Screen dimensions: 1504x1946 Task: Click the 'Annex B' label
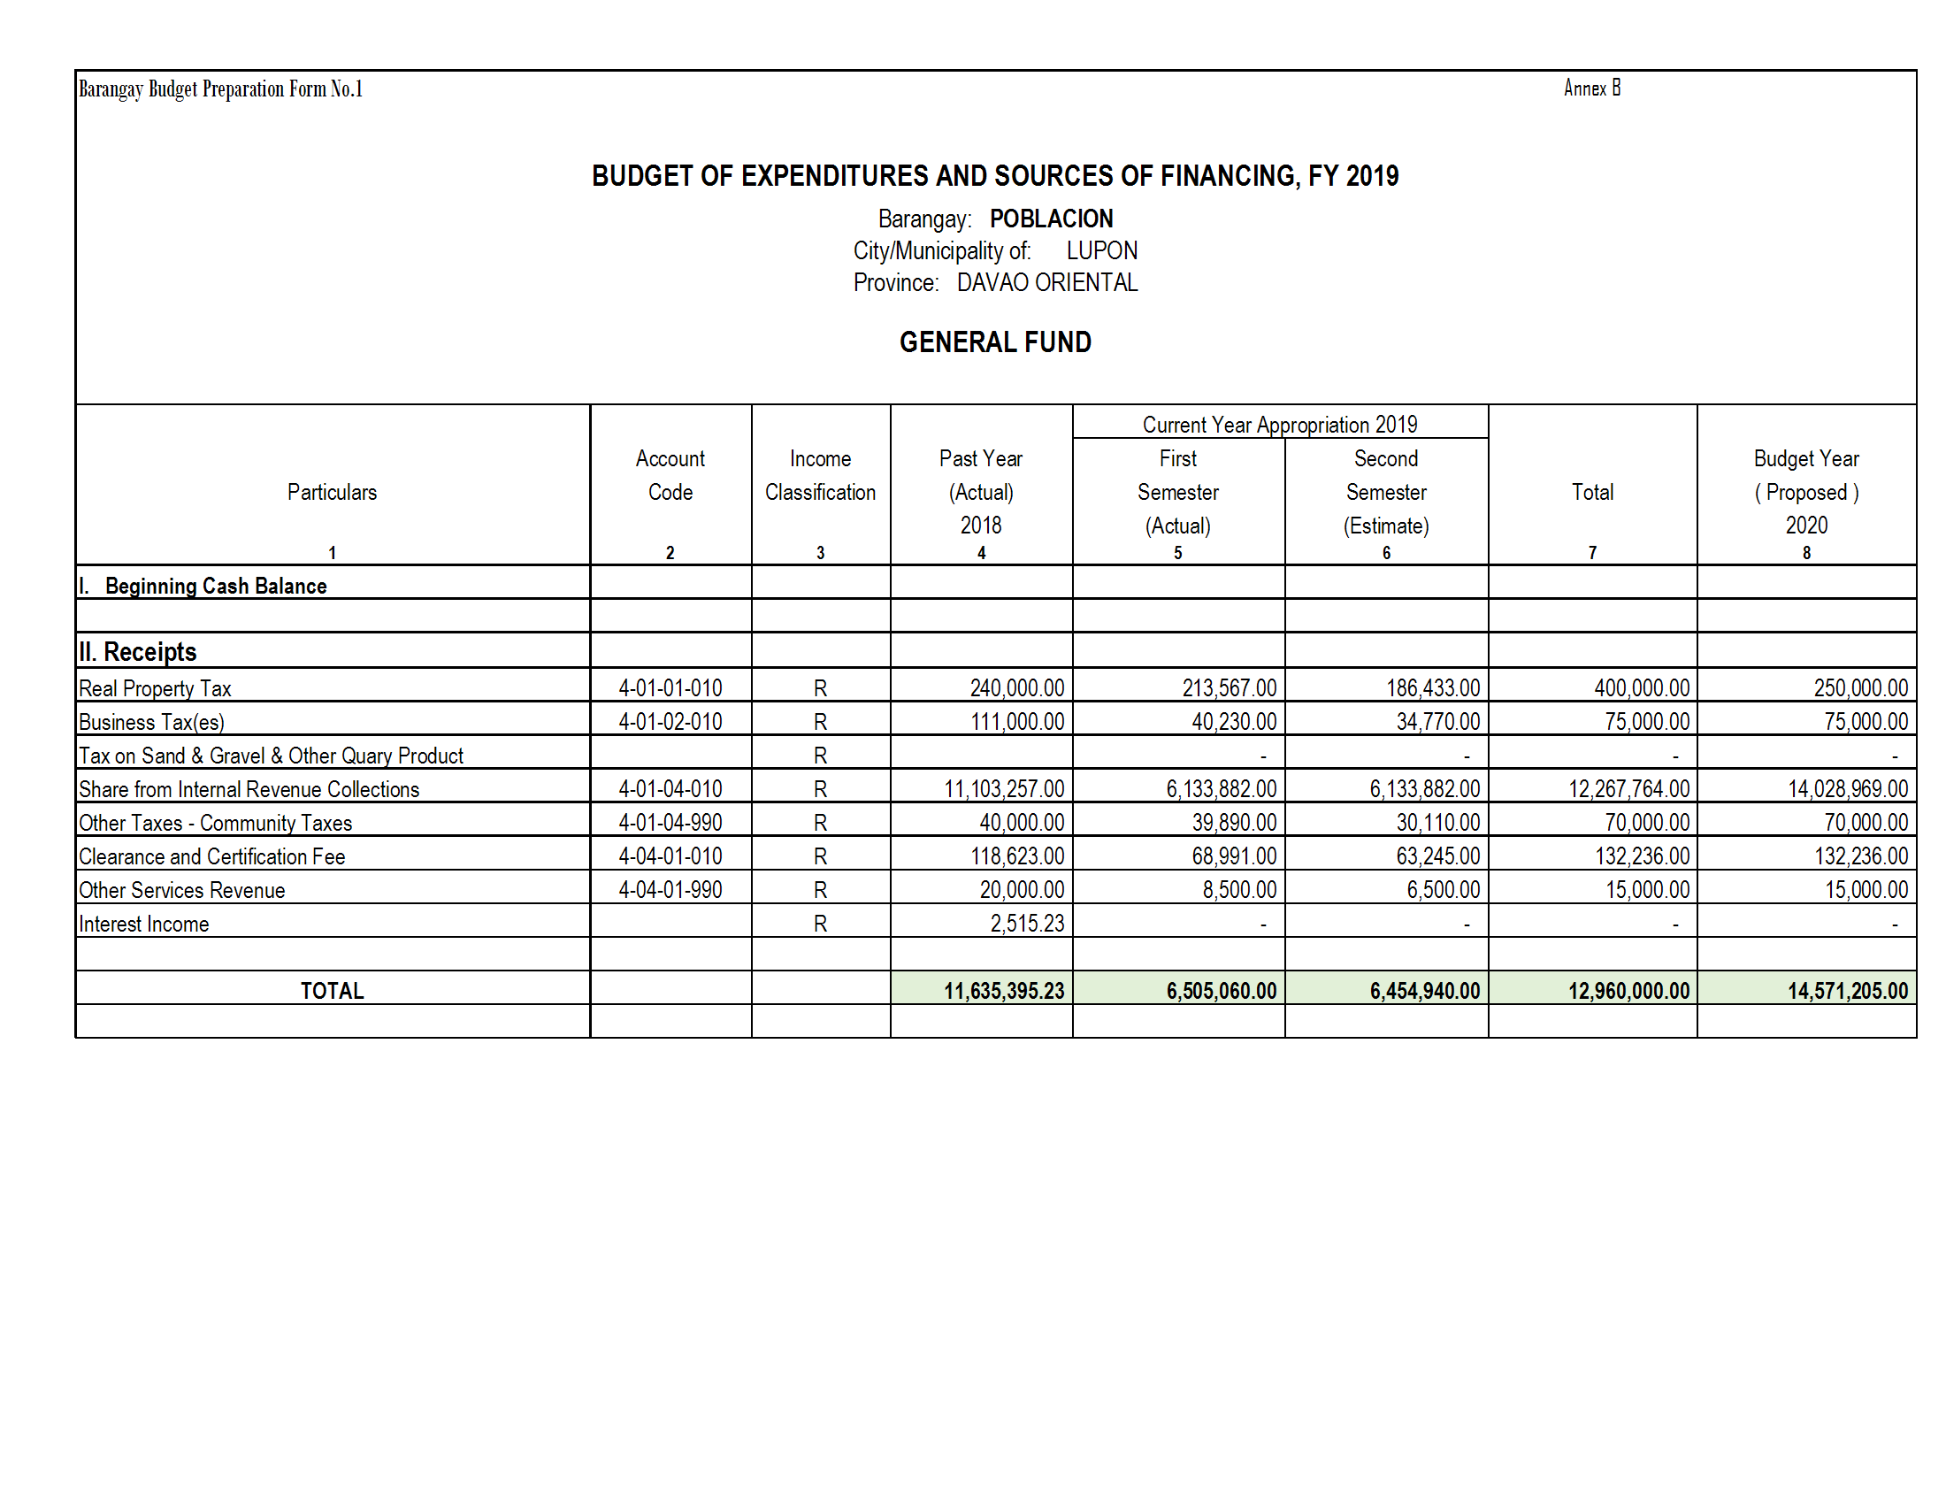pyautogui.click(x=1591, y=88)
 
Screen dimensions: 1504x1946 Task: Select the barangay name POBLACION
pyautogui.click(x=1051, y=219)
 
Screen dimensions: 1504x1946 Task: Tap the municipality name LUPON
pyautogui.click(x=1101, y=251)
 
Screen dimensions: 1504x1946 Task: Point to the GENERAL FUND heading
pyautogui.click(x=994, y=342)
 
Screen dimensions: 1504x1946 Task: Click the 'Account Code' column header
pyautogui.click(x=670, y=475)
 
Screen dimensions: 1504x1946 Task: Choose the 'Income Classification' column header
pyautogui.click(x=820, y=475)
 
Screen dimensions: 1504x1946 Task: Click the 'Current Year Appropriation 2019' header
pyautogui.click(x=1280, y=425)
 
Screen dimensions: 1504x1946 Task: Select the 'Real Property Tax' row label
pyautogui.click(x=155, y=688)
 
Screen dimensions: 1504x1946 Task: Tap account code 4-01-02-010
pyautogui.click(x=670, y=722)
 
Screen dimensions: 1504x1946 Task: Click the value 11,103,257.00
pyautogui.click(x=1004, y=789)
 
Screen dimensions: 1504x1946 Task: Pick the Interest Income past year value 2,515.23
pyautogui.click(x=1026, y=924)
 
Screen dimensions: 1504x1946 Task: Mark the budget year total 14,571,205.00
pyautogui.click(x=1847, y=991)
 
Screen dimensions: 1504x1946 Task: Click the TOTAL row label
pyautogui.click(x=332, y=991)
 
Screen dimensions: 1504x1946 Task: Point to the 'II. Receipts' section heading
pyautogui.click(x=137, y=652)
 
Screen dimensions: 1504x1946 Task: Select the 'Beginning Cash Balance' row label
pyautogui.click(x=216, y=587)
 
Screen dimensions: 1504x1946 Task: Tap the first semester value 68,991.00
pyautogui.click(x=1234, y=856)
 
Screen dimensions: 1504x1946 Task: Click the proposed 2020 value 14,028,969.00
pyautogui.click(x=1847, y=789)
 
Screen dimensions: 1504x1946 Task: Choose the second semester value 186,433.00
pyautogui.click(x=1433, y=688)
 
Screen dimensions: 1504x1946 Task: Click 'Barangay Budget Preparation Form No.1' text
pyautogui.click(x=221, y=89)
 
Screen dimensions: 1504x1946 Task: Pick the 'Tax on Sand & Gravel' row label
pyautogui.click(x=271, y=756)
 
